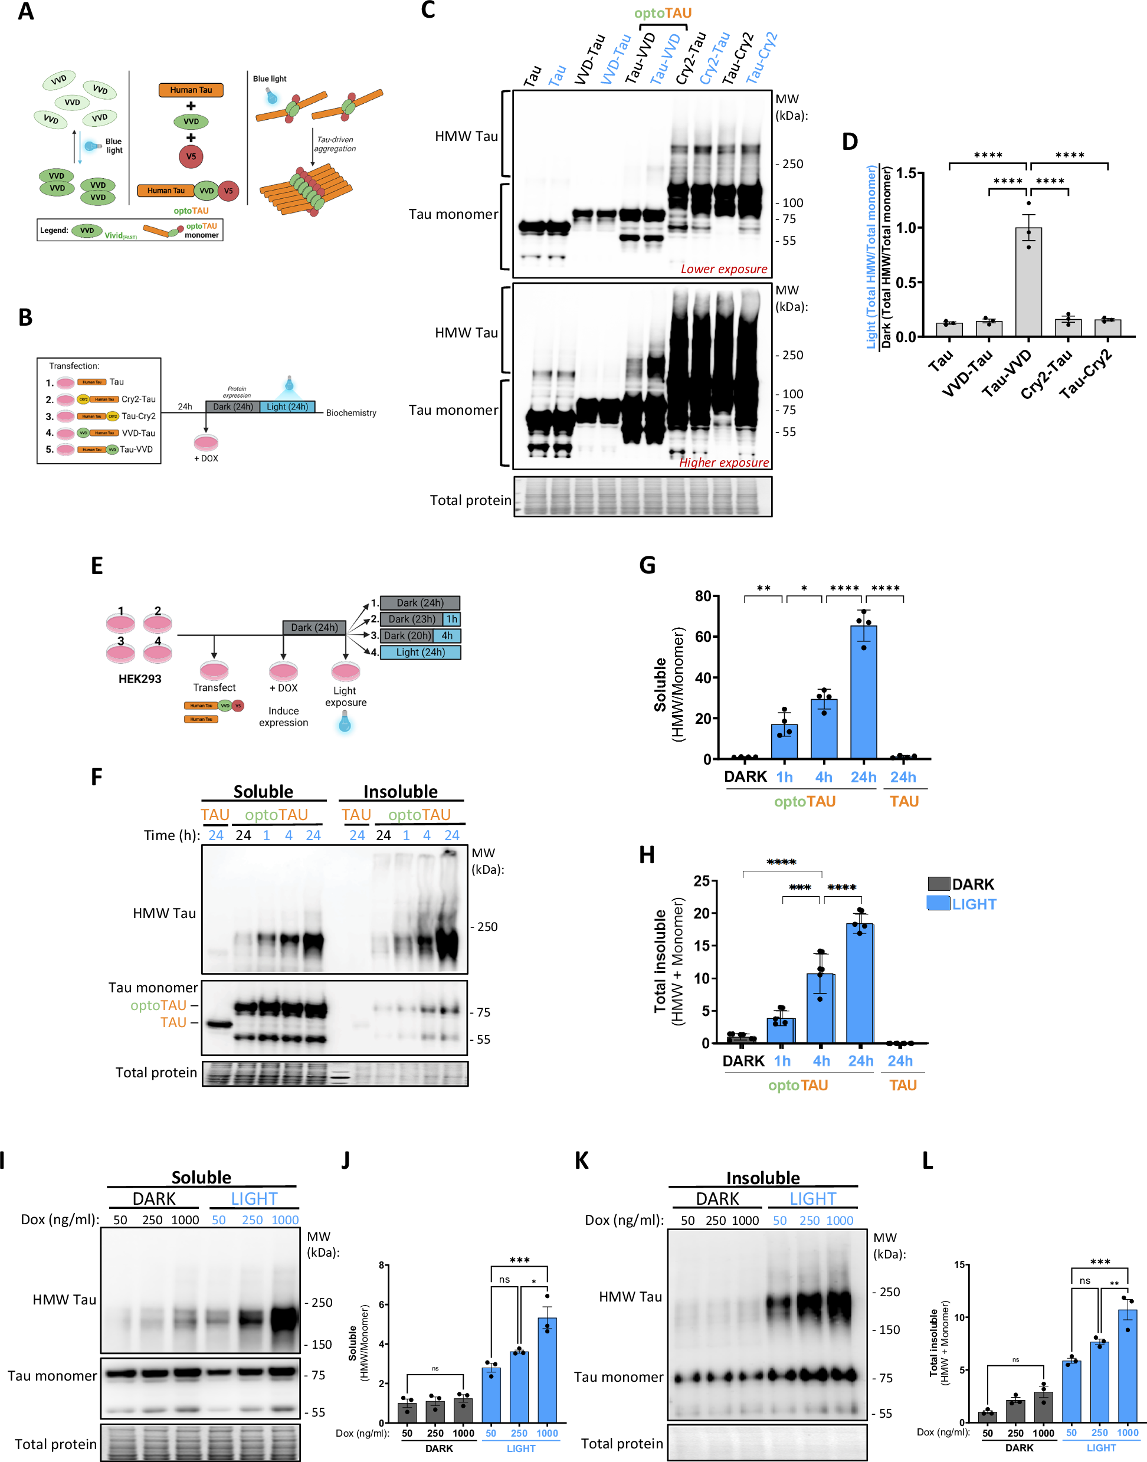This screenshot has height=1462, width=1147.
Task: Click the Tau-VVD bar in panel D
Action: tap(1028, 282)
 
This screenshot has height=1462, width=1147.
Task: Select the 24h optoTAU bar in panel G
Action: tap(863, 691)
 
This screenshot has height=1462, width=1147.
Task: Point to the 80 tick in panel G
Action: tap(703, 596)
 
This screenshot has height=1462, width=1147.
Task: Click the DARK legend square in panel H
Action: tap(938, 884)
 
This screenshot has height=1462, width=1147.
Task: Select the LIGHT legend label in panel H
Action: tap(974, 904)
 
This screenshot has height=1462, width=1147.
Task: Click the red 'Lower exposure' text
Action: tap(723, 269)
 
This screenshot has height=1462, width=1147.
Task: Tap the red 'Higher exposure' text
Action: tap(723, 463)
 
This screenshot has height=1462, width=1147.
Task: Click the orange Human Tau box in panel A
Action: tap(191, 90)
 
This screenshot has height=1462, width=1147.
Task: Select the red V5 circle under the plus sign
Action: tap(191, 156)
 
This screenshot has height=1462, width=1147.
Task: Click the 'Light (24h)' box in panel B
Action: tap(287, 407)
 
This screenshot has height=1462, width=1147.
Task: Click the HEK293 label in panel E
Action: tap(140, 679)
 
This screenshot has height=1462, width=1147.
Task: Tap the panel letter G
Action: tap(647, 565)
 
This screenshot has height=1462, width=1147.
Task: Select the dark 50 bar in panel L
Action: tap(987, 1417)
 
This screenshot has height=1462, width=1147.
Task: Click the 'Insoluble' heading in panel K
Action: tap(762, 1178)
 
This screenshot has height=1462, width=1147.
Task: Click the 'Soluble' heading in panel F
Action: tap(263, 791)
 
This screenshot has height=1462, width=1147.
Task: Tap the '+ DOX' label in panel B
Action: tap(206, 458)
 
